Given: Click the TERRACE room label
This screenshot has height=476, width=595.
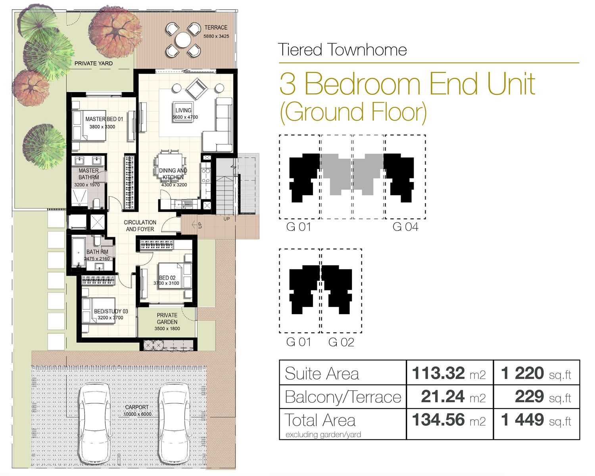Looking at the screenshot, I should pyautogui.click(x=216, y=27).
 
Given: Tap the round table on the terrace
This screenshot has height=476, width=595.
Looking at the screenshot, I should pyautogui.click(x=183, y=40).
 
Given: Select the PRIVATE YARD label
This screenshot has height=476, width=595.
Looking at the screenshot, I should pyautogui.click(x=94, y=63).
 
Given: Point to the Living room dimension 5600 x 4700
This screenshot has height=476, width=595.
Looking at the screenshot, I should pyautogui.click(x=185, y=117).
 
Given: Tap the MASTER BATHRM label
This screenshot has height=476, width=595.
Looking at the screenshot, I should pyautogui.click(x=88, y=174).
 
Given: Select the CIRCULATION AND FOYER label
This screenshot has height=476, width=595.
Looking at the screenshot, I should pyautogui.click(x=140, y=226).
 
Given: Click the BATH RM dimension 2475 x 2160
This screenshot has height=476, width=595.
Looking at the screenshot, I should pyautogui.click(x=97, y=259).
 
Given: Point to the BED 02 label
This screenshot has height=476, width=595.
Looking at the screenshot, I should pyautogui.click(x=167, y=278).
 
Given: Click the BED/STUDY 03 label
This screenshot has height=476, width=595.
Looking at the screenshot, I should pyautogui.click(x=111, y=311).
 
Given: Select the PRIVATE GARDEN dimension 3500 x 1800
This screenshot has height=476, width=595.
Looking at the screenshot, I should pyautogui.click(x=167, y=328).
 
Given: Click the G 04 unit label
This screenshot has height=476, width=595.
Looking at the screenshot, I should pyautogui.click(x=405, y=227).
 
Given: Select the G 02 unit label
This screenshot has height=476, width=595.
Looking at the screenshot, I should pyautogui.click(x=341, y=342).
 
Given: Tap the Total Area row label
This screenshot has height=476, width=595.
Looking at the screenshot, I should pyautogui.click(x=320, y=420).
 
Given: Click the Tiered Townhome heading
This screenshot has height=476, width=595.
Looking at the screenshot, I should pyautogui.click(x=342, y=50).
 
